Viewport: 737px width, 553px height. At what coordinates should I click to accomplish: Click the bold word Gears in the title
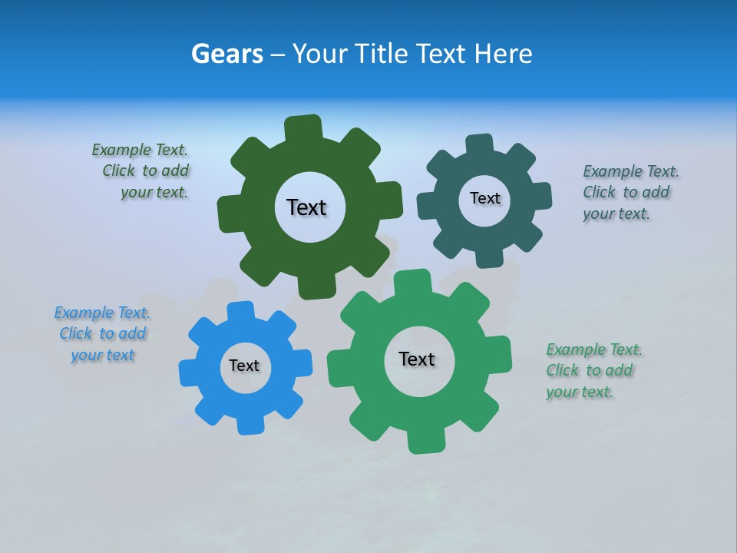[227, 54]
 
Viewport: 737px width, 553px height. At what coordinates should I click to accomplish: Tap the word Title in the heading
[384, 54]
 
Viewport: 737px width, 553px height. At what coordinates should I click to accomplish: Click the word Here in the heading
[502, 54]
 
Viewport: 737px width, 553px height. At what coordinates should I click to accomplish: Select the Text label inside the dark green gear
[306, 207]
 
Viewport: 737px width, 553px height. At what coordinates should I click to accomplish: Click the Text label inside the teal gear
[484, 198]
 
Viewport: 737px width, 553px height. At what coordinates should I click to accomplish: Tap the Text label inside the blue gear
[244, 366]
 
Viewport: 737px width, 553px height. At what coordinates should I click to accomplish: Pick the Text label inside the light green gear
[417, 359]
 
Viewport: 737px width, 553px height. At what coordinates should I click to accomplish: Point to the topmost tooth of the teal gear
[480, 144]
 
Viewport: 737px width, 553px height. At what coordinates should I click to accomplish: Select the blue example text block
[102, 333]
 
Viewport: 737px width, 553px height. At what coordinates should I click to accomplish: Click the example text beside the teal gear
[630, 192]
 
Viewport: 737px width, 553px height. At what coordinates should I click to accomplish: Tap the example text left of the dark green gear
[143, 171]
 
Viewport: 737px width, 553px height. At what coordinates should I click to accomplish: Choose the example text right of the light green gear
[593, 370]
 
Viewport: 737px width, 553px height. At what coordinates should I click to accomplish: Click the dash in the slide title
[279, 54]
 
